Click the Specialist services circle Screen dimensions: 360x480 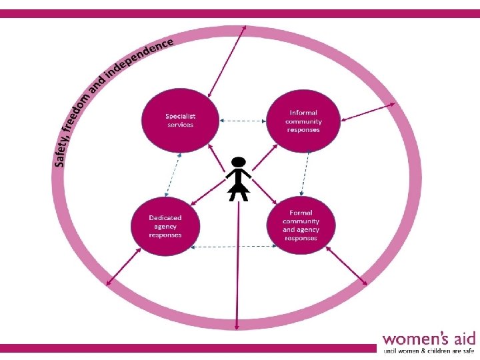[180, 120]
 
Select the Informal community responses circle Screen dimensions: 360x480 [303, 121]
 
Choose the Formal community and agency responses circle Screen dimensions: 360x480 [300, 225]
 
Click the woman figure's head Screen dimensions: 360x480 [239, 162]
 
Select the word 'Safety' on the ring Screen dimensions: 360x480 [61, 148]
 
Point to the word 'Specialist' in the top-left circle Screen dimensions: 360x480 [180, 115]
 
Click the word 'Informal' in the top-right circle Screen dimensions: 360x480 [303, 113]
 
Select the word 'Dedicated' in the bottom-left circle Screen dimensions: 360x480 [165, 218]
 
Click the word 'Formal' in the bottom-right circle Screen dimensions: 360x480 [301, 213]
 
